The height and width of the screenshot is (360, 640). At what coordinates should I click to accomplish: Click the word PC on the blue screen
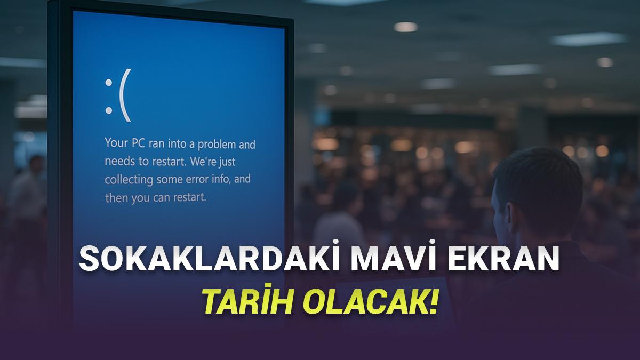click(138, 143)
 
